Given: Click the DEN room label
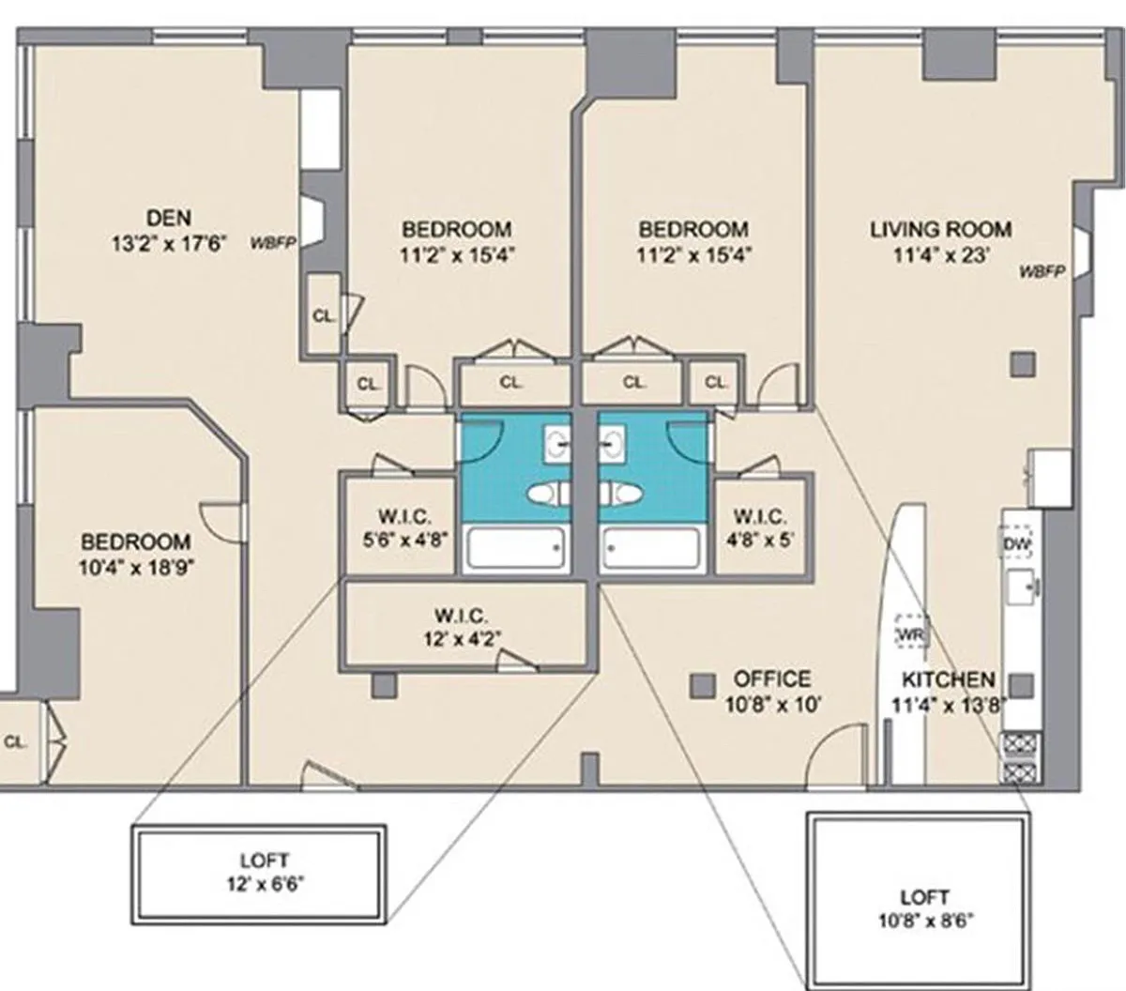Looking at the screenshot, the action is pyautogui.click(x=168, y=218).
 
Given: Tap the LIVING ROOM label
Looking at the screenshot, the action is pyautogui.click(x=940, y=230).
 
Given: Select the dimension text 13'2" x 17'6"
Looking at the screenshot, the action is pyautogui.click(x=170, y=243).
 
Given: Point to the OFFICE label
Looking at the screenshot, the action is pyautogui.click(x=772, y=678).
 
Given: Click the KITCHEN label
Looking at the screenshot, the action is pyautogui.click(x=948, y=679).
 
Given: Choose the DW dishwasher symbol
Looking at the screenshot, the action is pyautogui.click(x=1016, y=544).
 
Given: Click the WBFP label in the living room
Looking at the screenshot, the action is pyautogui.click(x=1042, y=271).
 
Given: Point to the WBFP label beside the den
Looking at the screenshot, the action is pyautogui.click(x=272, y=242).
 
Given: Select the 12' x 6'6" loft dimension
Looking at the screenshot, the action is pyautogui.click(x=266, y=883).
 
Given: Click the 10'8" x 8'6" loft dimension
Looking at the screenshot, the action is pyautogui.click(x=926, y=921).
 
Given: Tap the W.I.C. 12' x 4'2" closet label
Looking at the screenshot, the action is pyautogui.click(x=462, y=628).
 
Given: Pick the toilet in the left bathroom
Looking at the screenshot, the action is pyautogui.click(x=548, y=494).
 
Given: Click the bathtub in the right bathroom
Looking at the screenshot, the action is pyautogui.click(x=651, y=548).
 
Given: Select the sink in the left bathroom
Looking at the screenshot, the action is pyautogui.click(x=556, y=445).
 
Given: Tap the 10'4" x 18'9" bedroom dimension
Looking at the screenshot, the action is pyautogui.click(x=136, y=568).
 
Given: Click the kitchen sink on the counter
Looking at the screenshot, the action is pyautogui.click(x=1022, y=586).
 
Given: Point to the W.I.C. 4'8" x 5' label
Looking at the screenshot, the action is pyautogui.click(x=760, y=529).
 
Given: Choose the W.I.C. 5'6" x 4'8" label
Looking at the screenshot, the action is pyautogui.click(x=405, y=528).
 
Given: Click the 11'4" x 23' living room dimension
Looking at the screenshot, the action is pyautogui.click(x=940, y=255).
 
